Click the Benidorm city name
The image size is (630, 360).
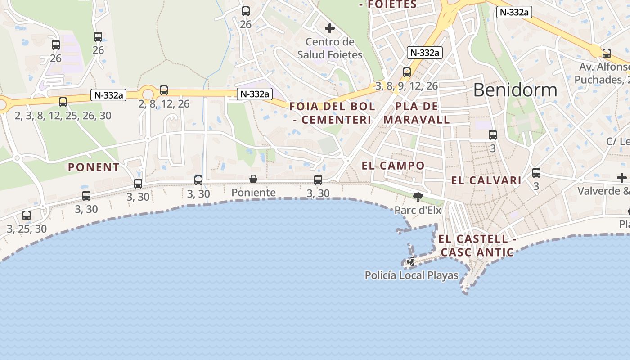[515, 90]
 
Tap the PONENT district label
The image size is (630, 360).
[94, 167]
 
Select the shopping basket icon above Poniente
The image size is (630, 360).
[253, 180]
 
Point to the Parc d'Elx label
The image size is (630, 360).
[418, 210]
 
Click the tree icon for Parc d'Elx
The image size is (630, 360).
[418, 197]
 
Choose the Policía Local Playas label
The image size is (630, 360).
[411, 275]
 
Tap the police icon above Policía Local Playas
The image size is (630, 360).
[411, 262]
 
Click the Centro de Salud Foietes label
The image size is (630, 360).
[330, 48]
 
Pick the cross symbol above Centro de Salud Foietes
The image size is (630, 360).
[330, 28]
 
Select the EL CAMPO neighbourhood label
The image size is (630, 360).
[393, 166]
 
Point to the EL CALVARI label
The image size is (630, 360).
[486, 180]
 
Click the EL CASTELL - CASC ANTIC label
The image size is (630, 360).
[477, 246]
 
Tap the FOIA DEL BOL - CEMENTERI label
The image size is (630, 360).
[332, 113]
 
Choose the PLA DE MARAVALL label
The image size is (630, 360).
[417, 113]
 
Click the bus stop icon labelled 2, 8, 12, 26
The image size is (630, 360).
[164, 90]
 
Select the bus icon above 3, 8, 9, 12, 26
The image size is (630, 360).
[407, 72]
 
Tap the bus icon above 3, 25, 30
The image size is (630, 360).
[27, 216]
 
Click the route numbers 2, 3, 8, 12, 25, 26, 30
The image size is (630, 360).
[63, 116]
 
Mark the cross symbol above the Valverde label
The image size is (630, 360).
[621, 178]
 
